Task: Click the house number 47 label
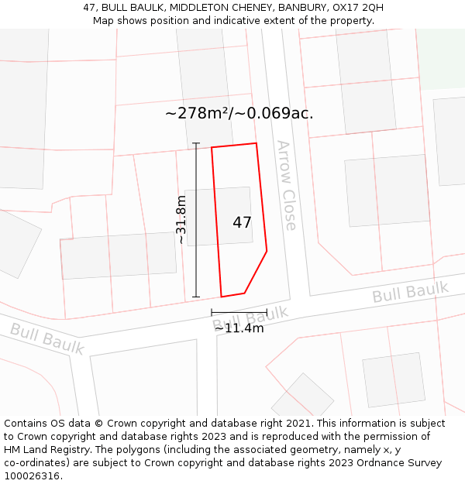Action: click(242, 223)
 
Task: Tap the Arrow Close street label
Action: click(286, 186)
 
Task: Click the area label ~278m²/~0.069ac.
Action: click(239, 113)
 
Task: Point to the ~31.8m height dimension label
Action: click(181, 220)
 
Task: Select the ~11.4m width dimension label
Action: click(239, 328)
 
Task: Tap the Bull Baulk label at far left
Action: click(46, 339)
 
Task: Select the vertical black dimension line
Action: click(196, 220)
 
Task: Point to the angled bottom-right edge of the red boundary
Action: click(257, 272)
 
